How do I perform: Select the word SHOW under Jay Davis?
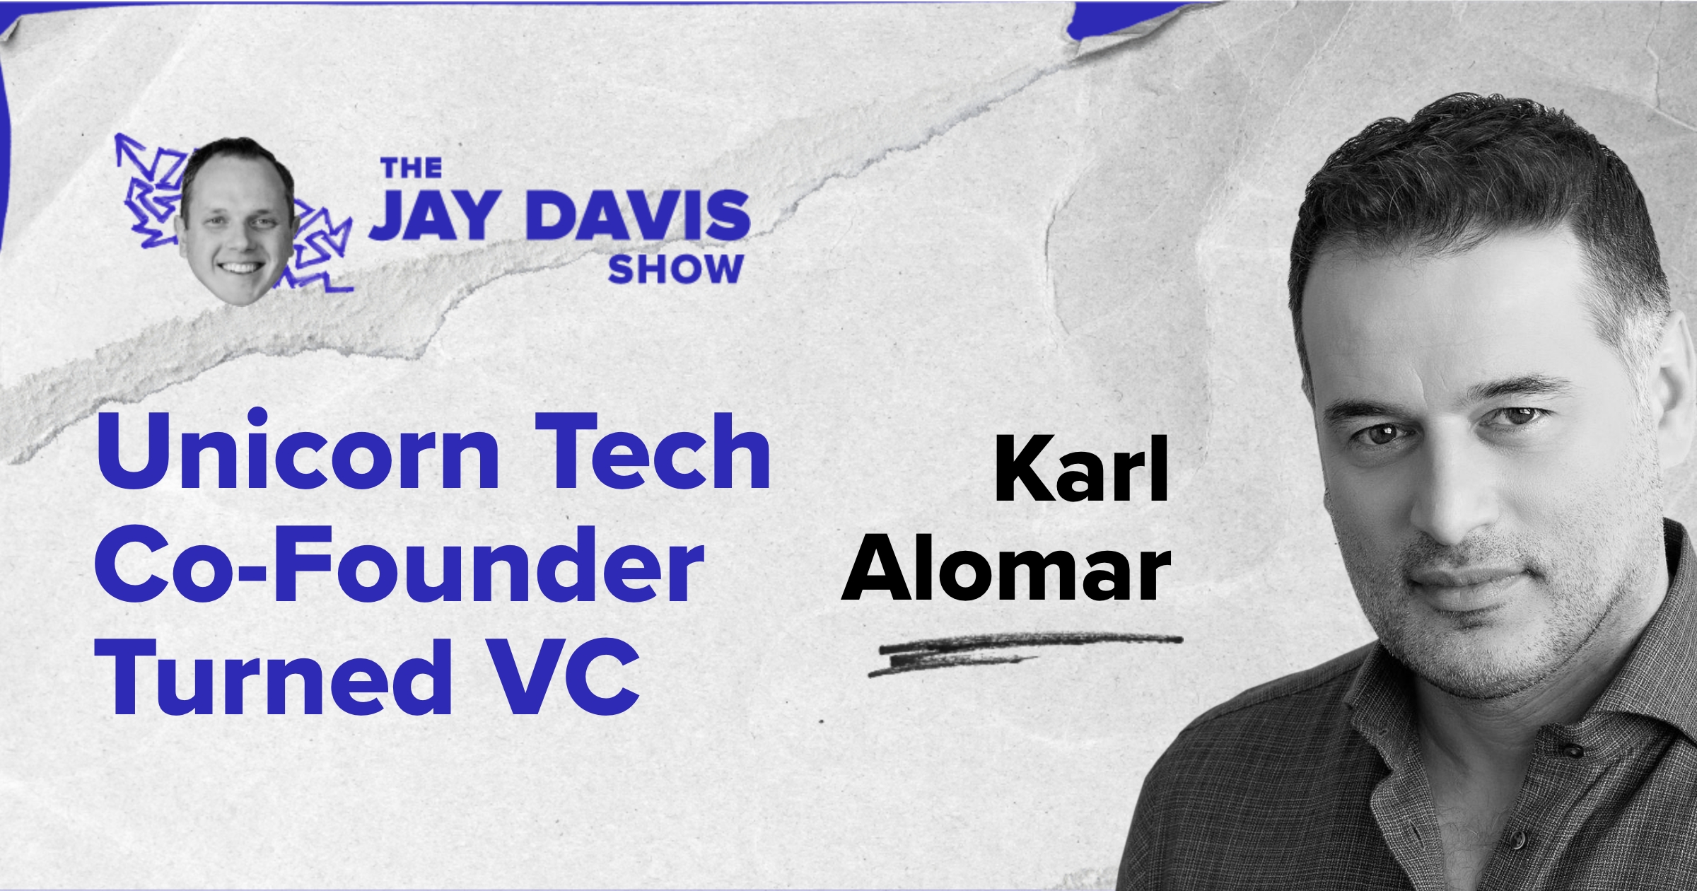pyautogui.click(x=675, y=269)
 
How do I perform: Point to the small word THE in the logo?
pyautogui.click(x=412, y=168)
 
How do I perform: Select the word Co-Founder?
pyautogui.click(x=400, y=565)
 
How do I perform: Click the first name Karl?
pyautogui.click(x=1081, y=470)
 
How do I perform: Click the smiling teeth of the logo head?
pyautogui.click(x=238, y=268)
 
